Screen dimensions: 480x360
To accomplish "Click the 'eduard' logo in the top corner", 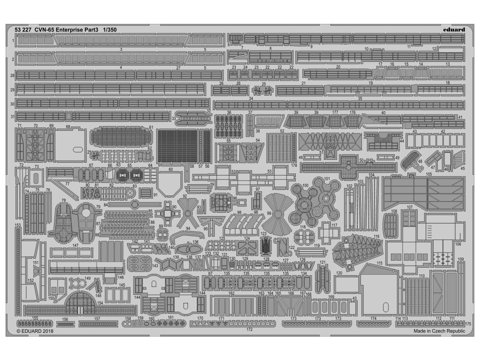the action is tap(453, 30).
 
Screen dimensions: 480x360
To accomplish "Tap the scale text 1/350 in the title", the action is tap(108, 30).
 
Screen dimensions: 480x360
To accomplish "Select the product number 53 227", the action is tap(23, 30).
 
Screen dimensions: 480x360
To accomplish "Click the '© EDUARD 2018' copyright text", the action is tap(35, 331).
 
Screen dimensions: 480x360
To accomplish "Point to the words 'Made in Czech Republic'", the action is tap(439, 331).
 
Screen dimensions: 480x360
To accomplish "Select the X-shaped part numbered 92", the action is tap(187, 210).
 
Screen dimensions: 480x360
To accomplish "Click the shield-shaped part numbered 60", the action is tap(170, 183).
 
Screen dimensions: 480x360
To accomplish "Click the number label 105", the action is tap(428, 173).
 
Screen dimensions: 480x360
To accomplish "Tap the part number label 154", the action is tap(99, 303).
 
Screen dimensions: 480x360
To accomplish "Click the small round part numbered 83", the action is tap(135, 192).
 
